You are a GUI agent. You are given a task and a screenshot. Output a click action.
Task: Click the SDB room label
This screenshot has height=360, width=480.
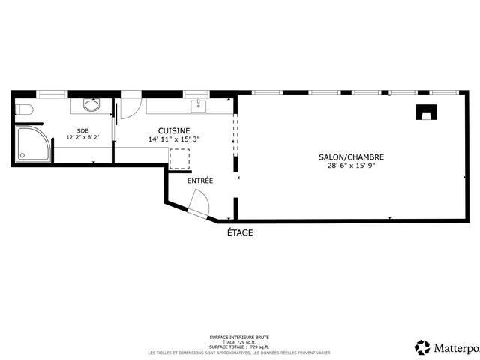click(82, 130)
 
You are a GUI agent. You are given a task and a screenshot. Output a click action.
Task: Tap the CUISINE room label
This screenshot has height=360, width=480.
click(173, 130)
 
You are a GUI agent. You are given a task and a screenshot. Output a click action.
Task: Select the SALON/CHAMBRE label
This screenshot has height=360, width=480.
click(351, 157)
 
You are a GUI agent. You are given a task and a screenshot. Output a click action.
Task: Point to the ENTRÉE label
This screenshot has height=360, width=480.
click(200, 181)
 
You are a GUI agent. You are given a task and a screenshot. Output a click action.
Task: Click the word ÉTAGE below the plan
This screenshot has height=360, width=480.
click(240, 232)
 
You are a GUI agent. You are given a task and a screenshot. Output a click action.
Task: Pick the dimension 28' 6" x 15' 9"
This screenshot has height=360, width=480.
click(351, 166)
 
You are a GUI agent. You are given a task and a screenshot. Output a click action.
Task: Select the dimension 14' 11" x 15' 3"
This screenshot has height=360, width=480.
click(173, 139)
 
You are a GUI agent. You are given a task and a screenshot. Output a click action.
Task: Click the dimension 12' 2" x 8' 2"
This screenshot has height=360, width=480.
click(82, 137)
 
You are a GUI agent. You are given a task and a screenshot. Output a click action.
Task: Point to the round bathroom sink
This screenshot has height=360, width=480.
click(91, 106)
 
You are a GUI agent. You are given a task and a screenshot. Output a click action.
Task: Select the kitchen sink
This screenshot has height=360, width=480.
click(199, 105)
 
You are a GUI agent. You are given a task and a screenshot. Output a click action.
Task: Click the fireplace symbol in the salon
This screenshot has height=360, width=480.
click(426, 112)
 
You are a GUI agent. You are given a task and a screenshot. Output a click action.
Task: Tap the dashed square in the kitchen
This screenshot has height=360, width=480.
click(180, 158)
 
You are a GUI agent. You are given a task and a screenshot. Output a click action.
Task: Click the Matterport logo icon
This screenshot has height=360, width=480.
click(422, 346)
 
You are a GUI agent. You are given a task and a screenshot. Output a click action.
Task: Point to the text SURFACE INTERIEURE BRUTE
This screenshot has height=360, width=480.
click(240, 337)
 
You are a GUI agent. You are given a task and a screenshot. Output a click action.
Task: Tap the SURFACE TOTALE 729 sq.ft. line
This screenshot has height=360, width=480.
click(240, 347)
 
